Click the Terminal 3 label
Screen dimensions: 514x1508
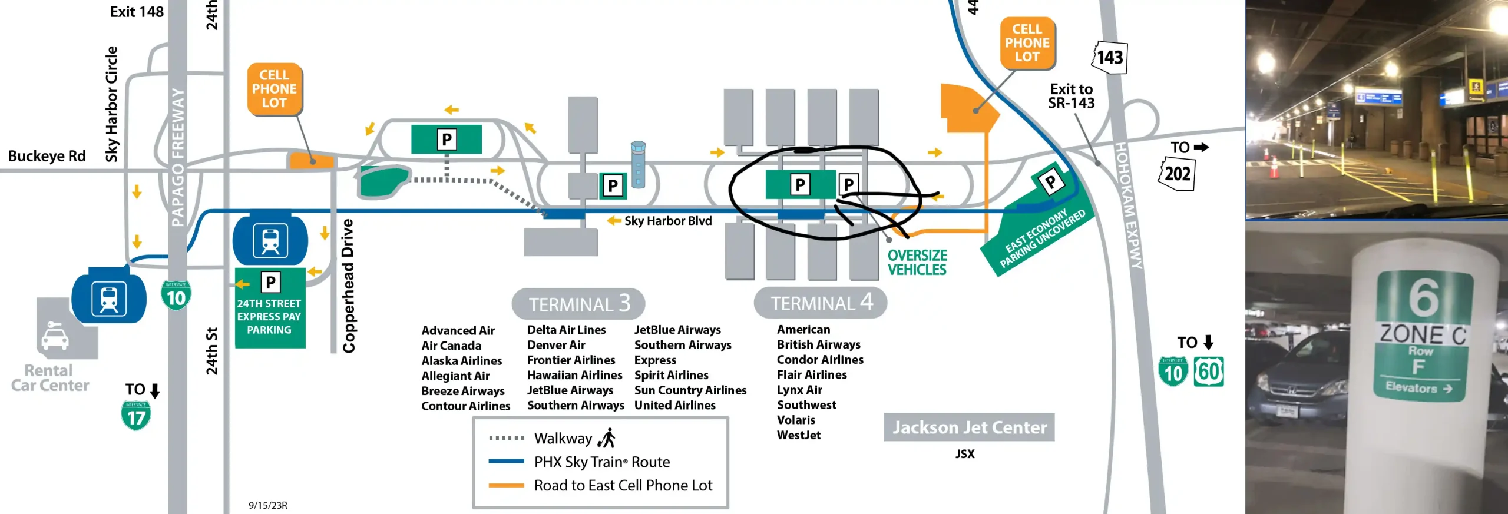pyautogui.click(x=578, y=304)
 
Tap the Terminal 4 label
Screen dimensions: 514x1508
pyautogui.click(x=821, y=303)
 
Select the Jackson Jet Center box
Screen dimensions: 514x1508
pyautogui.click(x=969, y=427)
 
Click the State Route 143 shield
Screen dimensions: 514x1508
pyautogui.click(x=1110, y=57)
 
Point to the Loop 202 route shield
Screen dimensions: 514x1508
pyautogui.click(x=1177, y=174)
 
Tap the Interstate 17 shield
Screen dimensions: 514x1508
pyautogui.click(x=136, y=416)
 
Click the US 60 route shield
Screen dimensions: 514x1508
pyautogui.click(x=1209, y=372)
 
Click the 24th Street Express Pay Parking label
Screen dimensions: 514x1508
pyautogui.click(x=269, y=317)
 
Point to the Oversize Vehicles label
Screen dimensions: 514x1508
pyautogui.click(x=917, y=263)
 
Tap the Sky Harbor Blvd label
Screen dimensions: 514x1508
pyautogui.click(x=668, y=221)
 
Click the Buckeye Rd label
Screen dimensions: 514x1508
pyautogui.click(x=47, y=156)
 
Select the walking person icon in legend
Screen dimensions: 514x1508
pyautogui.click(x=607, y=438)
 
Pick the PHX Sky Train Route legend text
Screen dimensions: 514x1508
pyautogui.click(x=601, y=462)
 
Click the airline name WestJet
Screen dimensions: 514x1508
pyautogui.click(x=798, y=435)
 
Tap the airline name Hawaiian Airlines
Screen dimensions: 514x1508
pyautogui.click(x=574, y=375)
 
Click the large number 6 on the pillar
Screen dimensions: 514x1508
pyautogui.click(x=1423, y=297)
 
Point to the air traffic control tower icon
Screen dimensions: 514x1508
pyautogui.click(x=638, y=164)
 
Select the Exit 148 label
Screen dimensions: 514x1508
pyautogui.click(x=137, y=12)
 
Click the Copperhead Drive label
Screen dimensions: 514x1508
pyautogui.click(x=349, y=286)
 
